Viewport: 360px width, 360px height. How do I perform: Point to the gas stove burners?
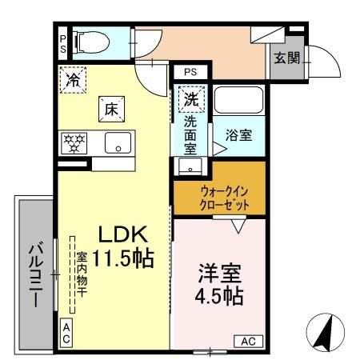[x=74, y=143]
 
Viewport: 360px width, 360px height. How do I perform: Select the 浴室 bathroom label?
[x=238, y=135]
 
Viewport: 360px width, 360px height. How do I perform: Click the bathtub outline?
[x=238, y=102]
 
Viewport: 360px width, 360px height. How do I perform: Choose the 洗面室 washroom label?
[x=190, y=134]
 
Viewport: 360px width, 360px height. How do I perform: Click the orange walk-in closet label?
[x=219, y=198]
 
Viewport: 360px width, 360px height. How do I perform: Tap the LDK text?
[x=122, y=234]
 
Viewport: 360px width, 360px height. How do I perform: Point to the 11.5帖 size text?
[x=122, y=258]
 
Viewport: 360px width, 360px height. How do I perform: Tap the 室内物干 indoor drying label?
[x=82, y=279]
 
